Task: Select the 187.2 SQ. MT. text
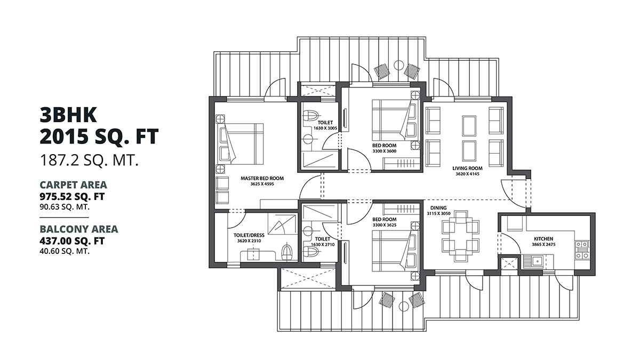click(89, 160)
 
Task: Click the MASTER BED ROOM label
click(262, 178)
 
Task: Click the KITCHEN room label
click(543, 238)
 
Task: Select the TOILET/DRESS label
click(250, 235)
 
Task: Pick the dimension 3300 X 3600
click(385, 151)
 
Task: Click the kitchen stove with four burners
click(582, 250)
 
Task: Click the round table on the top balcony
click(398, 66)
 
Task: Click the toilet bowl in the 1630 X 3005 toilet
click(312, 115)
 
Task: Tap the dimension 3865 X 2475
click(543, 245)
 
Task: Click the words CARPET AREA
click(73, 185)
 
